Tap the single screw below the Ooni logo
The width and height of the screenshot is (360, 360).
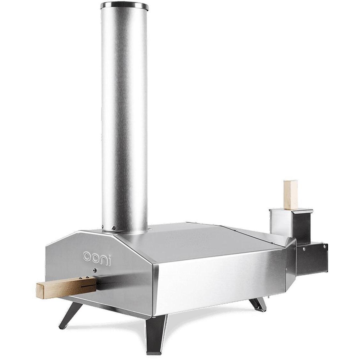95,271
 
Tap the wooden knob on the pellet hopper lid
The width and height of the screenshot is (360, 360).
290,195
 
